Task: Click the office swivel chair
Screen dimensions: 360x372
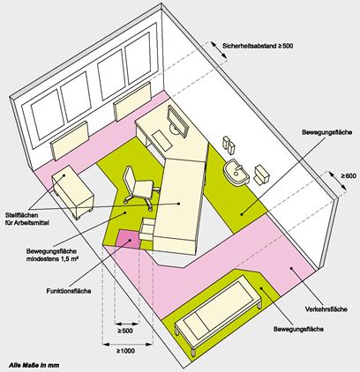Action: click(x=138, y=187)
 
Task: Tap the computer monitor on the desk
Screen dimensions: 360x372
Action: click(x=177, y=121)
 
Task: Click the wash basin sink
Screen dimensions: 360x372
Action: click(x=236, y=173)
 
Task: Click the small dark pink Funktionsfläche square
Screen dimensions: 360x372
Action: click(x=128, y=239)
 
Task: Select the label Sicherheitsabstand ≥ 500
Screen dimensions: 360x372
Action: click(x=258, y=46)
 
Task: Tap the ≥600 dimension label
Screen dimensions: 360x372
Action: click(x=349, y=176)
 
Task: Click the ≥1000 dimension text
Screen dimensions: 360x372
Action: click(x=126, y=351)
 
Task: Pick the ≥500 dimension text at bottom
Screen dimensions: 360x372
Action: click(x=125, y=331)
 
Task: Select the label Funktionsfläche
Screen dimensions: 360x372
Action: click(x=69, y=291)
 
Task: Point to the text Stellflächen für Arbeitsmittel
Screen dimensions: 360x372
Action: click(x=27, y=219)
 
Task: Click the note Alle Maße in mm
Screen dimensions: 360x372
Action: click(x=34, y=365)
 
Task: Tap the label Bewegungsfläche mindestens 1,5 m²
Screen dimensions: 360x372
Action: click(x=52, y=255)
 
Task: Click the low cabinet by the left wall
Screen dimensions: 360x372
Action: click(x=72, y=191)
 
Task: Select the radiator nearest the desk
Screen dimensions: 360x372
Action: click(x=132, y=100)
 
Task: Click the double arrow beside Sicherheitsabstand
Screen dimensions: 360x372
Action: click(x=219, y=50)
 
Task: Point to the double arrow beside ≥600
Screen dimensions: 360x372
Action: click(x=338, y=182)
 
